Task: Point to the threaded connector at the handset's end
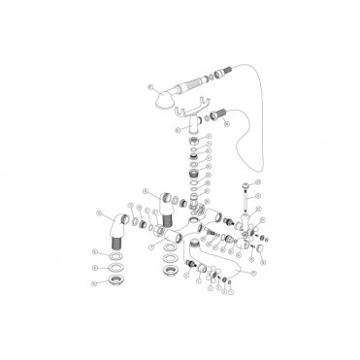pyautogui.click(x=225, y=67)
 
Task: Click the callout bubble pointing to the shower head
pyautogui.click(x=150, y=85)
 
